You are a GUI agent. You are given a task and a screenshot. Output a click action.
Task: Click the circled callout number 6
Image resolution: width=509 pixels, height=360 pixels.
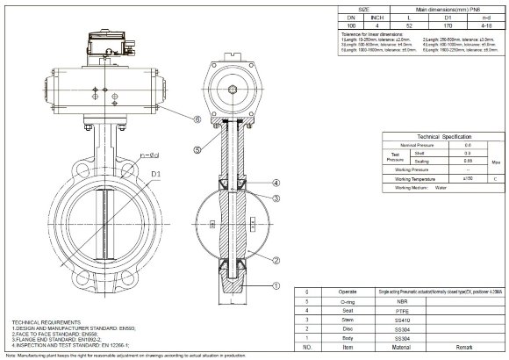click(x=197, y=119)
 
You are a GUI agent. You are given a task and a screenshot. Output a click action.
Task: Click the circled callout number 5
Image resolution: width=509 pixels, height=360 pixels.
click(x=197, y=150)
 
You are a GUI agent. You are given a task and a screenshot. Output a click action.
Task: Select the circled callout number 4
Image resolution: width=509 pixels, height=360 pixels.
click(x=276, y=182)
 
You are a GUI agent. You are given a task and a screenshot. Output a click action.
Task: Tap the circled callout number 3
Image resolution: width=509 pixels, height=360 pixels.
click(x=276, y=198)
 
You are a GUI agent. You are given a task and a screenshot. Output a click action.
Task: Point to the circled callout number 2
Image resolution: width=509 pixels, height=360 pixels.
click(x=276, y=259)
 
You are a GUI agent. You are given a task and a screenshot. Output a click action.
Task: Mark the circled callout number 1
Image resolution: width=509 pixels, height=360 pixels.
click(x=276, y=284)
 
